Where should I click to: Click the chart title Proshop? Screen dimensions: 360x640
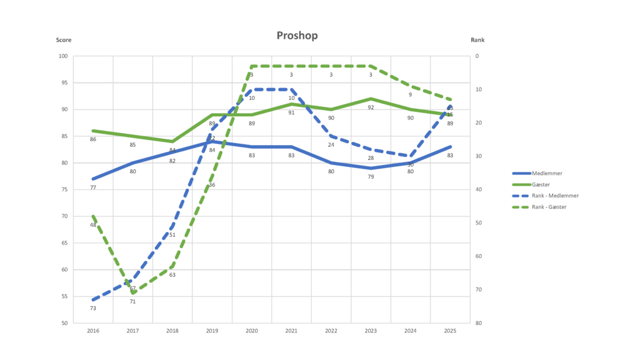click(297, 36)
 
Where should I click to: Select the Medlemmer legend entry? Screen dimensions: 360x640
click(546, 173)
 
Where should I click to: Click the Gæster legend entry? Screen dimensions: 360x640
click(541, 184)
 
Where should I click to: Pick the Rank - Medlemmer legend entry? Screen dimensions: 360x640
click(555, 196)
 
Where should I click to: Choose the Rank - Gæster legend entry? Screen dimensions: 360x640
click(549, 207)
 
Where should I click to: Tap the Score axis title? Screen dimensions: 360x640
click(64, 40)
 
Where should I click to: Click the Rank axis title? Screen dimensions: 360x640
click(477, 40)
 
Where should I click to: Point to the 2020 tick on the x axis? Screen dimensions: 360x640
click(251, 331)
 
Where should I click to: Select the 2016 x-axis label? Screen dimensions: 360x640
click(93, 331)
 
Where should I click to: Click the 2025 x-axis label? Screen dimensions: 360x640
click(450, 331)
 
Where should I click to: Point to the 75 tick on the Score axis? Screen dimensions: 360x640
click(64, 190)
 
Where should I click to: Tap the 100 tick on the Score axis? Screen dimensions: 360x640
click(63, 56)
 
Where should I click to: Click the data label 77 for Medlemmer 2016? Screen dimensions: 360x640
click(93, 187)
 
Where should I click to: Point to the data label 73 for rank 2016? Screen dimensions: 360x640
click(93, 308)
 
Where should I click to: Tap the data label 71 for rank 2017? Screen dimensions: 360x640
click(132, 301)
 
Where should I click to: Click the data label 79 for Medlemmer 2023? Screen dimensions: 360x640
click(371, 177)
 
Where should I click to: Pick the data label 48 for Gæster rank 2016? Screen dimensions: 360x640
click(93, 225)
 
